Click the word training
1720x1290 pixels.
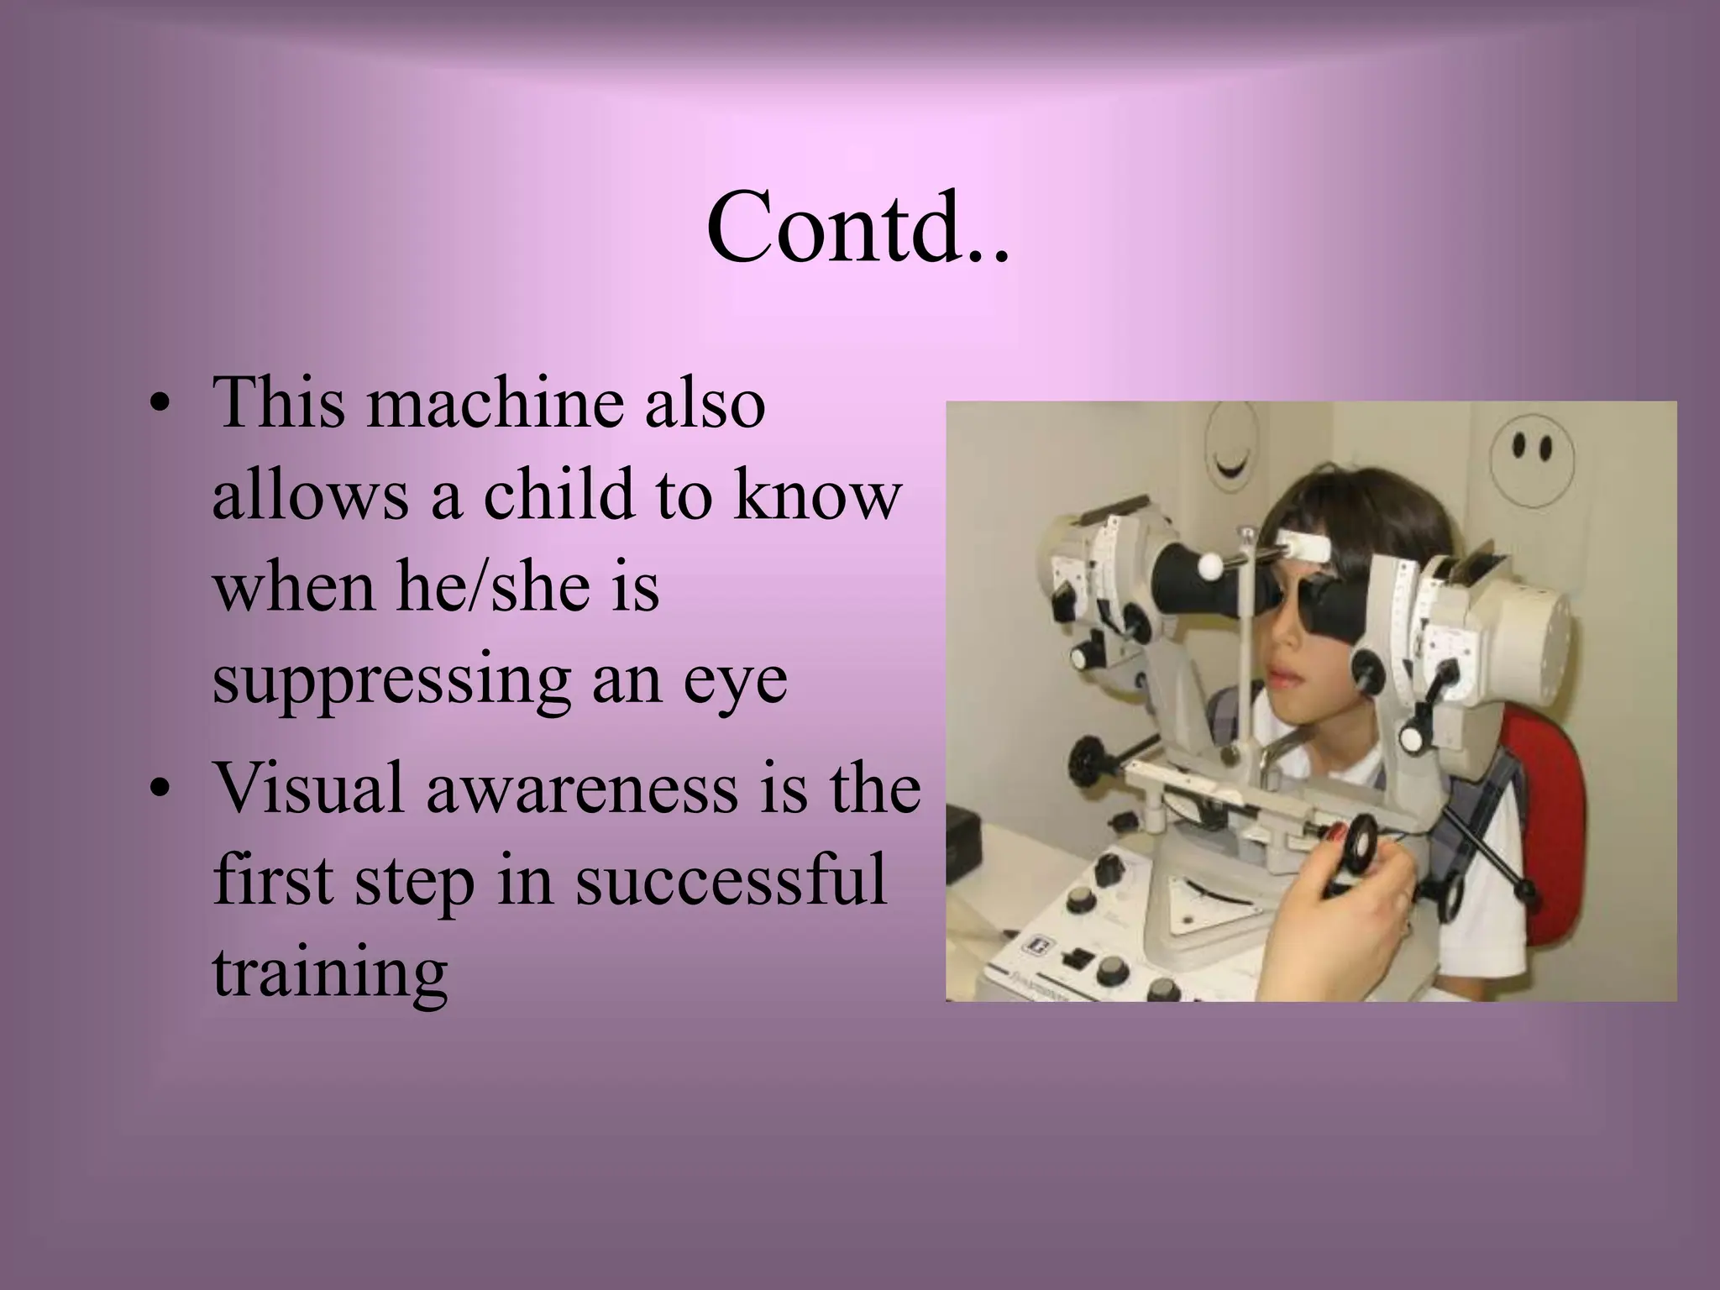pos(329,974)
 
